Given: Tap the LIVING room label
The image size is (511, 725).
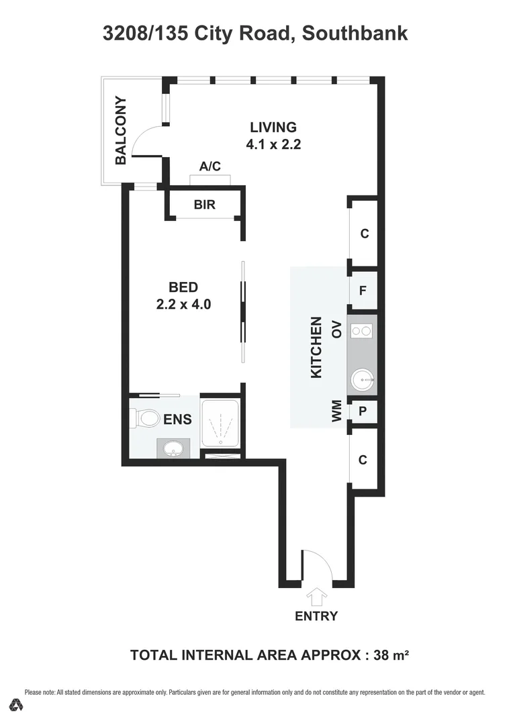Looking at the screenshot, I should click(273, 127).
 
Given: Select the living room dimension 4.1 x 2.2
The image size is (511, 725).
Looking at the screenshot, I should click(273, 143).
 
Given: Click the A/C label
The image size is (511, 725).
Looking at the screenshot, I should click(210, 166).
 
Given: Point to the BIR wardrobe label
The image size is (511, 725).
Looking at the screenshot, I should click(205, 205).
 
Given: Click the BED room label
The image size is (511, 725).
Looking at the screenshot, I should click(183, 287).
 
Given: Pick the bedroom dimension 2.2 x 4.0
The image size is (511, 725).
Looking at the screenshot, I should click(183, 304).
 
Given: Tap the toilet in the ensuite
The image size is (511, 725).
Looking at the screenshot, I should click(144, 418).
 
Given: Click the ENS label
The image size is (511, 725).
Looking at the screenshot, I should click(178, 420).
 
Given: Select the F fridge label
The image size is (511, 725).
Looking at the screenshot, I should click(363, 291).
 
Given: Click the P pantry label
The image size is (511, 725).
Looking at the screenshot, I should click(363, 412).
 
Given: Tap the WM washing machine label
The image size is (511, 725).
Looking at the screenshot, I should click(337, 411).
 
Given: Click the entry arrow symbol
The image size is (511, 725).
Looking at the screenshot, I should click(316, 595).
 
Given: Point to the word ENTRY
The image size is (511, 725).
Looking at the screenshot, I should click(316, 616).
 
